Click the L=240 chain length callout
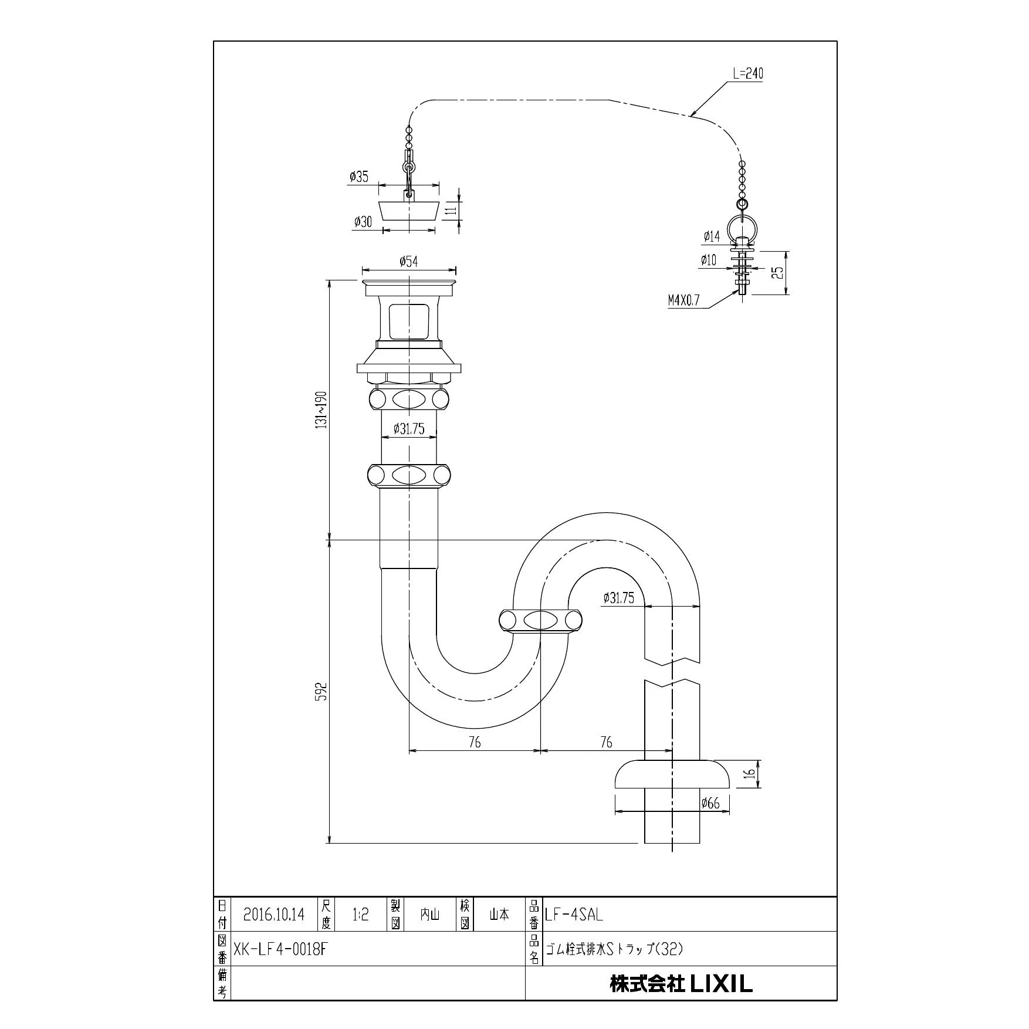click(747, 73)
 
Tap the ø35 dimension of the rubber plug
click(358, 176)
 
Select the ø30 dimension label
click(363, 222)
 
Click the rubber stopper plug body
click(409, 209)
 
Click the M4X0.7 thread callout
click(683, 301)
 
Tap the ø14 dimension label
click(711, 236)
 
